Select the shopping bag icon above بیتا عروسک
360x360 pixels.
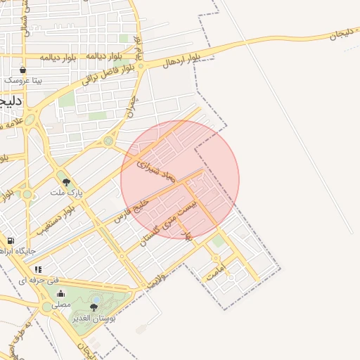tap(23, 70)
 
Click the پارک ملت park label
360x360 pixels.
tap(67, 191)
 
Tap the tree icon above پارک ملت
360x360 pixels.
tap(67, 182)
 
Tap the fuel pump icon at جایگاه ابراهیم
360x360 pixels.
tap(11, 241)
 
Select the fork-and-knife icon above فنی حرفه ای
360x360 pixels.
tap(38, 269)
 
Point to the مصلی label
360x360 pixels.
tap(61, 304)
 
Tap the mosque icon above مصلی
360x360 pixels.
tap(60, 295)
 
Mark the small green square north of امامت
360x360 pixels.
tap(218, 241)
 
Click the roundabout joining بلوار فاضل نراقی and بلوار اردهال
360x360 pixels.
tap(141, 66)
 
